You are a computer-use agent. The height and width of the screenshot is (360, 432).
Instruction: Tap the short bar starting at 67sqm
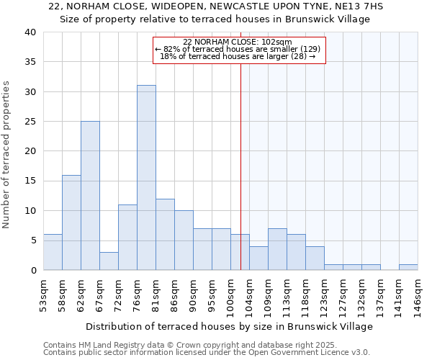point(109,261)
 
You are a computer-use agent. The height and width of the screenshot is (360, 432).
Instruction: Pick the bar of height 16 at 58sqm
point(71,222)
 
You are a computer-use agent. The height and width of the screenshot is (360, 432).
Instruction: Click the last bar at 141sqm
point(408,267)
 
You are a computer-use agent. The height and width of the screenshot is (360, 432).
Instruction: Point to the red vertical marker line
point(240,166)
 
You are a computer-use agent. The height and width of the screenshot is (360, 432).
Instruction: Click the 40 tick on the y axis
point(30,32)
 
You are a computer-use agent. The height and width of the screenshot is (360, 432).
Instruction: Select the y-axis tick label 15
point(30,181)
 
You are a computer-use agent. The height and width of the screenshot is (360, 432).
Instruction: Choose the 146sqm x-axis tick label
point(418,297)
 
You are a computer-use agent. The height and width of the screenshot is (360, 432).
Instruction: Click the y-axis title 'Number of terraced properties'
point(6,154)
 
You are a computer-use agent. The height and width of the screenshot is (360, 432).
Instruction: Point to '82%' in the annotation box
point(172,49)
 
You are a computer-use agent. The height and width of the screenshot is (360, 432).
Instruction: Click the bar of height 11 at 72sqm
point(127,237)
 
